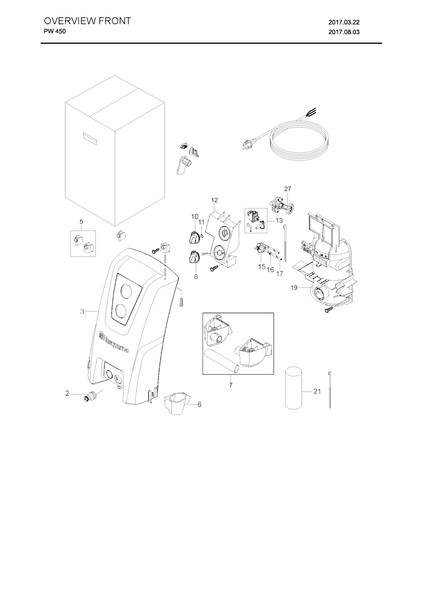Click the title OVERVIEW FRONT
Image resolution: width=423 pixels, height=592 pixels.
click(x=87, y=21)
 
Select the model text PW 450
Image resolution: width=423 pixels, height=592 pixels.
click(x=55, y=31)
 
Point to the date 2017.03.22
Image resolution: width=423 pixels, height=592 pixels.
click(x=344, y=22)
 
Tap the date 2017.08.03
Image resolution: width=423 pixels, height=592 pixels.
click(x=344, y=32)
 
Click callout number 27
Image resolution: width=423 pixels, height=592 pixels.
click(x=288, y=189)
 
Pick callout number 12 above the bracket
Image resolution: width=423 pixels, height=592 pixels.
click(x=214, y=200)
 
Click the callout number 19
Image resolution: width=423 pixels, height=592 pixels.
click(x=294, y=288)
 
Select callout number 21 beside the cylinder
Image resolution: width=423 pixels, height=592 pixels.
click(x=317, y=391)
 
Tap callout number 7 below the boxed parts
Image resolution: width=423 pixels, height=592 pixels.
click(x=231, y=385)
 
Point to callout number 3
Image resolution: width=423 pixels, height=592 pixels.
click(x=82, y=311)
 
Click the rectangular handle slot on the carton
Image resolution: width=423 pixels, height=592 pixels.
click(x=90, y=137)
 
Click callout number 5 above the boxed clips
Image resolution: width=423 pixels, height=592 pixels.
click(x=81, y=222)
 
